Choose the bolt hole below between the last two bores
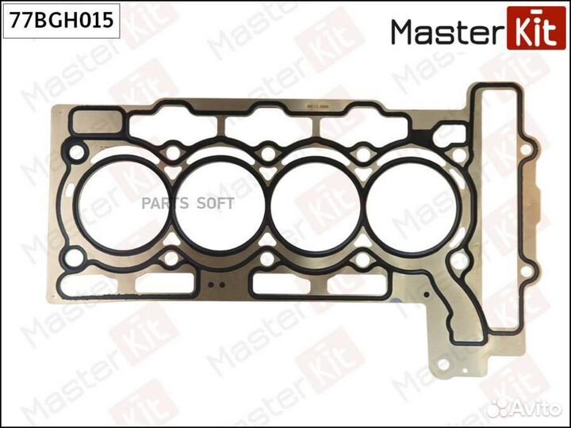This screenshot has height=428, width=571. click(361, 260)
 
